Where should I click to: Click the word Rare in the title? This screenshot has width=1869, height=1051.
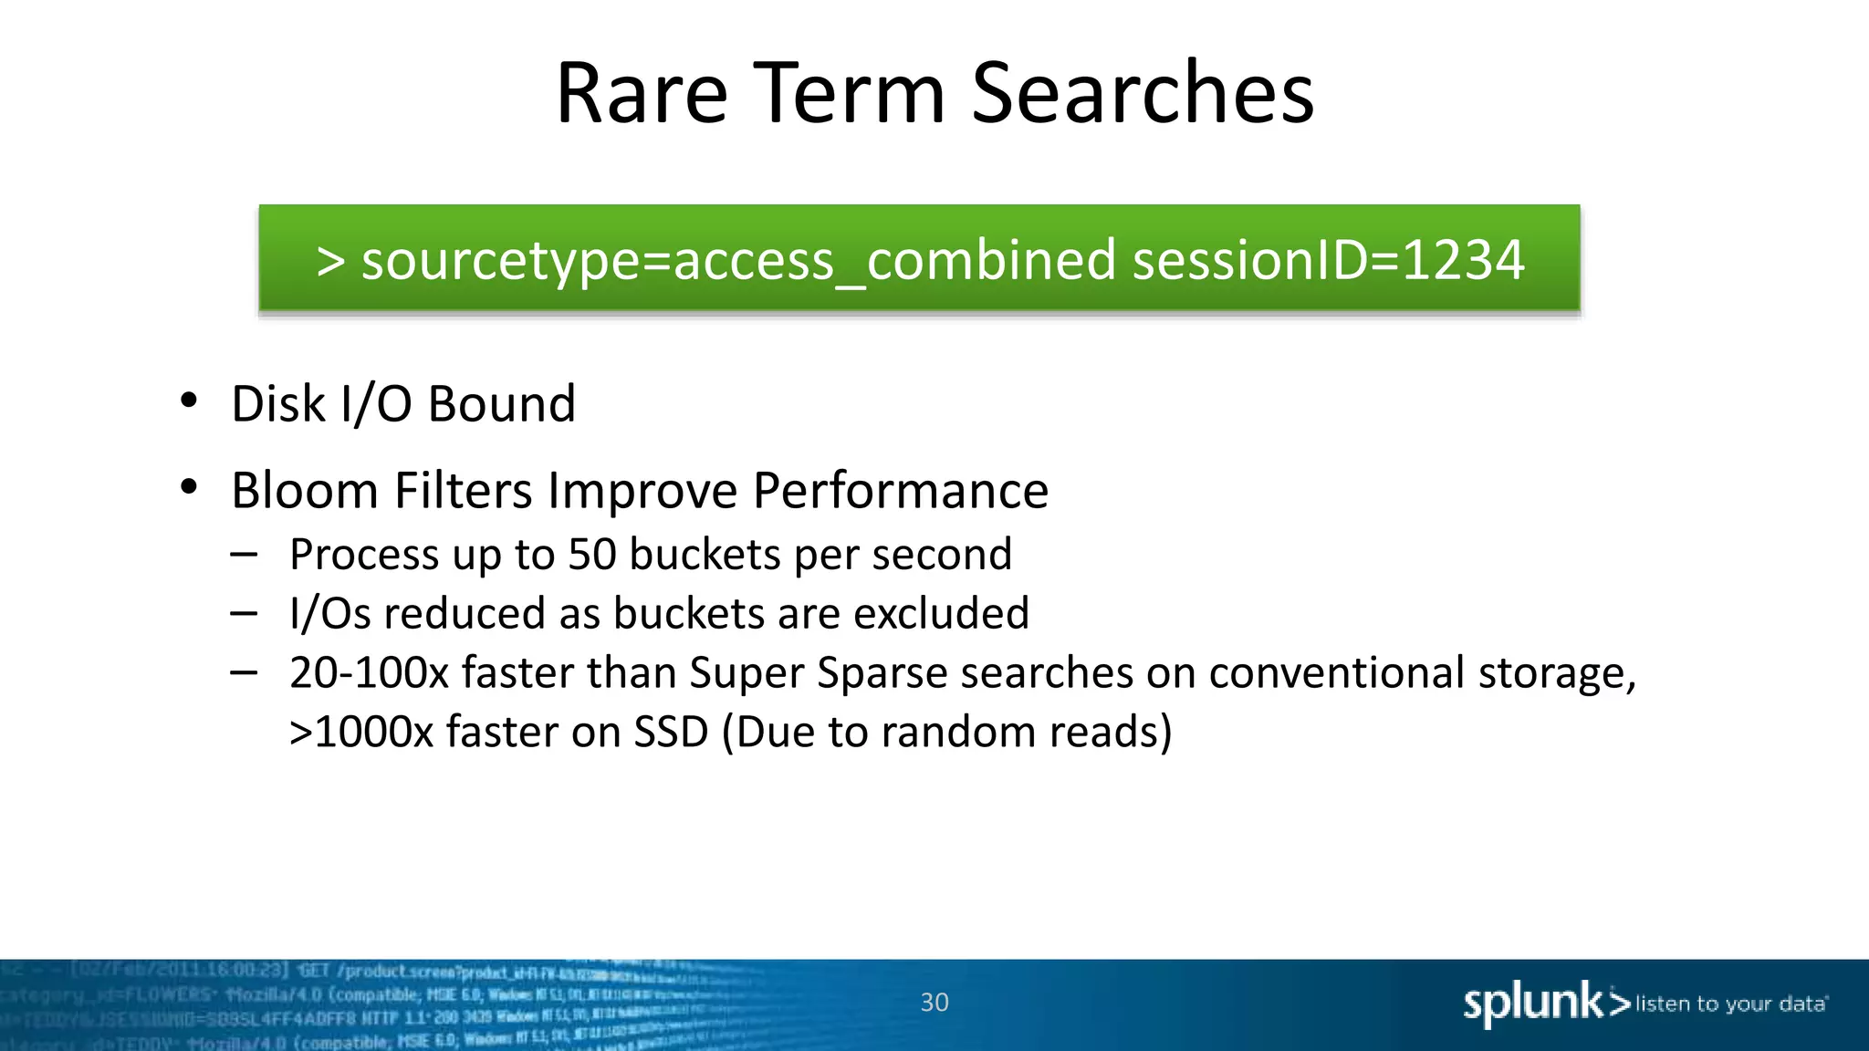(x=642, y=93)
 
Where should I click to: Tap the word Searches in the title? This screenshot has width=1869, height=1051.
(x=1142, y=93)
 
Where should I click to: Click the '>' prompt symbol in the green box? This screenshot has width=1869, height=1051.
(x=330, y=262)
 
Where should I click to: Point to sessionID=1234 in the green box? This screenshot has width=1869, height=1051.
(x=1328, y=260)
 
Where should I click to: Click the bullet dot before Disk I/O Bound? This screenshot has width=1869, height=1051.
(x=189, y=401)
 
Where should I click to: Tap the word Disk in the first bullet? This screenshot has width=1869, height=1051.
(x=277, y=403)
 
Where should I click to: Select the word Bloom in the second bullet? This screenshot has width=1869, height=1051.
(x=304, y=491)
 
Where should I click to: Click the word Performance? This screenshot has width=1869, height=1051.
(x=900, y=491)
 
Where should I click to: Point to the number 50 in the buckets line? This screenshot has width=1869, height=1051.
(x=592, y=555)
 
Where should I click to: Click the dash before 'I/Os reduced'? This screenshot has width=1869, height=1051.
(x=244, y=613)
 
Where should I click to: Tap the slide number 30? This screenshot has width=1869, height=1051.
(x=934, y=1003)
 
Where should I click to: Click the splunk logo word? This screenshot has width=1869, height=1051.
(x=1533, y=1003)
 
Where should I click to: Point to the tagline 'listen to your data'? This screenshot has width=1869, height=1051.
(x=1730, y=1004)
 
